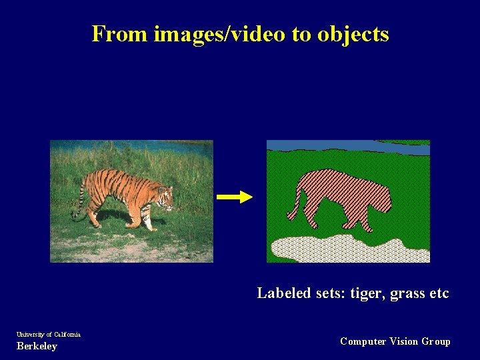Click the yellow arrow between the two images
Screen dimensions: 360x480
tap(235, 197)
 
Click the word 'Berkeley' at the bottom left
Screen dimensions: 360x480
tap(37, 346)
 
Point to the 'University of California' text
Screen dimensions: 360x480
tap(49, 334)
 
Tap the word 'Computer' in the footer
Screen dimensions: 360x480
tap(363, 341)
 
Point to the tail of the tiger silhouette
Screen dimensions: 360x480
tap(294, 207)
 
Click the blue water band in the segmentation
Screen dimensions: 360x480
tap(347, 146)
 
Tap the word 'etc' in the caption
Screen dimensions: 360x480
tap(438, 293)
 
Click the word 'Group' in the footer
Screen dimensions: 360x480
tap(436, 341)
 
